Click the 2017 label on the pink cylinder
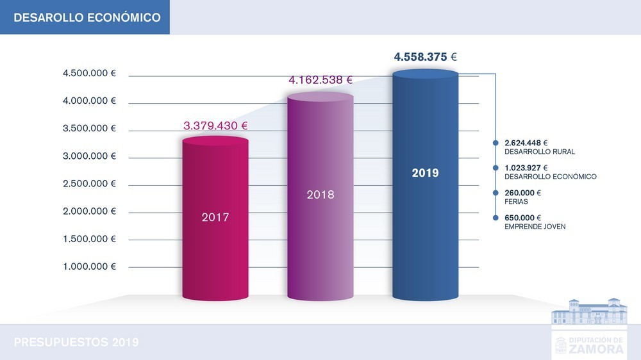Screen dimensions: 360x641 [215, 217]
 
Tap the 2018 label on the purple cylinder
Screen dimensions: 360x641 [320, 194]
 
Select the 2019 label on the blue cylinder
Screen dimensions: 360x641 [425, 173]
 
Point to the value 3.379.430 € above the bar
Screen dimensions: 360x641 [215, 126]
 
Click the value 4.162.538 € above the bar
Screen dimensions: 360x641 [320, 80]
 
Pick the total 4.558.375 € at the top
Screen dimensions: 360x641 [425, 57]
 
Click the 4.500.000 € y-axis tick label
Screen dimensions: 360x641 [89, 74]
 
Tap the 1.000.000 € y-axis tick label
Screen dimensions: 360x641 [89, 266]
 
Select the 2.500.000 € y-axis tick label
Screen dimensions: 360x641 [89, 184]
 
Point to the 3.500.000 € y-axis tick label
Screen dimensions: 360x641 [89, 129]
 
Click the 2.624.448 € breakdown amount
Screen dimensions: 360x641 [526, 143]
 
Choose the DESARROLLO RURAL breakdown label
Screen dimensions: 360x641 [540, 152]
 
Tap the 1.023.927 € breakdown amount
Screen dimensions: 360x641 [526, 168]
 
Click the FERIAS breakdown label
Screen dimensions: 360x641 [516, 202]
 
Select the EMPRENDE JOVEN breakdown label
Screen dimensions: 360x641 [535, 227]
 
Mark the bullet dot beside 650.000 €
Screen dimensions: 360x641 [495, 218]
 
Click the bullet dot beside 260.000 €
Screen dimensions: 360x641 [495, 193]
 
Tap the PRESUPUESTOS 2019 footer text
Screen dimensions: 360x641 [76, 342]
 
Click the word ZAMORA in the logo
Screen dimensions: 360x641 [595, 349]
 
